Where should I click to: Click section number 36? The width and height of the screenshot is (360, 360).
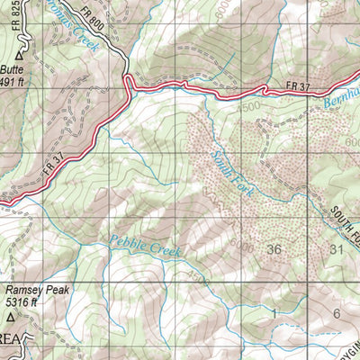[x=274, y=247]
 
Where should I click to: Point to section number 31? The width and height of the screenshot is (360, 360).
[x=337, y=247]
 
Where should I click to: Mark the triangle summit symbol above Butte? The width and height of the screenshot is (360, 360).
[x=16, y=53]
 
